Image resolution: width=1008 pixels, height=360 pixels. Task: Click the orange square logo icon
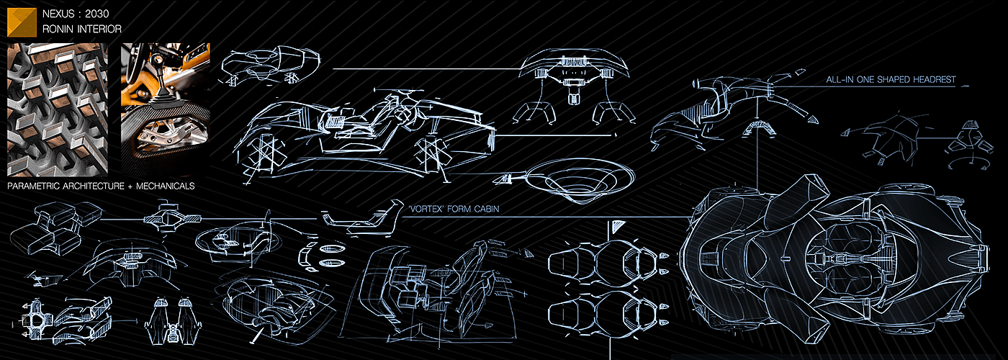point(22,22)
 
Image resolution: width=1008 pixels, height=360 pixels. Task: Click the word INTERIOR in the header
point(99,30)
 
